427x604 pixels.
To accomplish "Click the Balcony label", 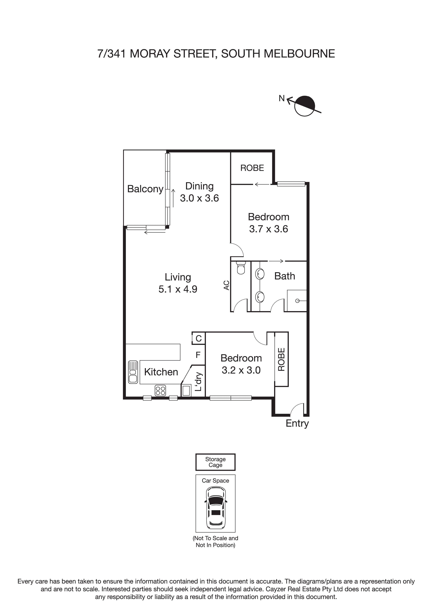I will (x=145, y=189).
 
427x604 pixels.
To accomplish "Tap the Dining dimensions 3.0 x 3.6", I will (x=199, y=198).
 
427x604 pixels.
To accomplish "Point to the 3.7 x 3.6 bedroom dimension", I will (x=268, y=229).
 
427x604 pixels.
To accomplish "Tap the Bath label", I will (x=284, y=276).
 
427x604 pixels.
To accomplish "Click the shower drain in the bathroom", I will (x=297, y=301).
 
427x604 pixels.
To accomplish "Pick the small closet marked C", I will (x=199, y=338).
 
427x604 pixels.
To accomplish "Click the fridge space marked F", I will (x=198, y=355).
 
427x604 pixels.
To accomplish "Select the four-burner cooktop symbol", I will (x=160, y=390).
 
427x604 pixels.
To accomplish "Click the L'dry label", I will (x=199, y=381).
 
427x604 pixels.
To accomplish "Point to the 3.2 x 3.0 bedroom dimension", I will (x=241, y=370).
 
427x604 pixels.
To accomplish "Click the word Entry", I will (x=297, y=423).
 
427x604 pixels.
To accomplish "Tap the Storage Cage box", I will (x=215, y=462).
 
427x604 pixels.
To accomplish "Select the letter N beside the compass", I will (x=282, y=98).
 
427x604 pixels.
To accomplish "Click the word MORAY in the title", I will (x=150, y=54).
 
